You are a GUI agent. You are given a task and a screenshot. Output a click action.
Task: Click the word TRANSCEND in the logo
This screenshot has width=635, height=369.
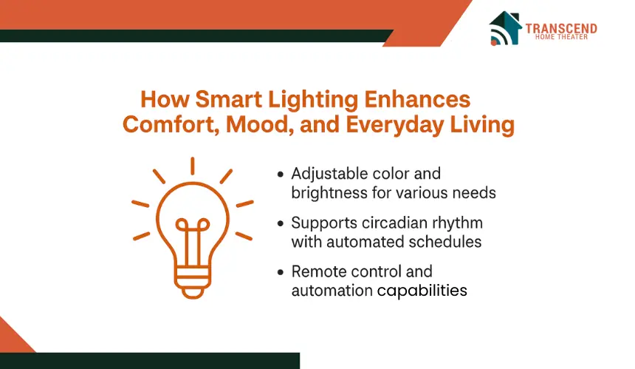(x=561, y=29)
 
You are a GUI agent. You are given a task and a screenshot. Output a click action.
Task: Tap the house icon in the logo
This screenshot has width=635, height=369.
(x=505, y=28)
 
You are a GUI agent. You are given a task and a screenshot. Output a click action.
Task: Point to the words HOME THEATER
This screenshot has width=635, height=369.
(x=561, y=37)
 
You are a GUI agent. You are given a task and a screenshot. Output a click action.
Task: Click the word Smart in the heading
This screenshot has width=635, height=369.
(x=228, y=99)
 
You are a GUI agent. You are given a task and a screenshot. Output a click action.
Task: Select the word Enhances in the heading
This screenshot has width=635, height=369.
(x=417, y=99)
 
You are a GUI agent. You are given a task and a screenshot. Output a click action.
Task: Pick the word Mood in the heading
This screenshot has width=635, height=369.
(x=260, y=124)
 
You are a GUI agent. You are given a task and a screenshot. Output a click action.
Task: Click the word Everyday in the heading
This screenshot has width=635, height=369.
(x=395, y=125)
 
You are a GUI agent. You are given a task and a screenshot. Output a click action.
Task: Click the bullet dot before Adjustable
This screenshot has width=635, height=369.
(x=281, y=175)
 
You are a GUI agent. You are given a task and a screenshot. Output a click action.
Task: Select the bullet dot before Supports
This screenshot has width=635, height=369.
(x=281, y=224)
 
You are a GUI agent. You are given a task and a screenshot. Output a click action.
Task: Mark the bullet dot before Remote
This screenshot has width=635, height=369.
(x=281, y=272)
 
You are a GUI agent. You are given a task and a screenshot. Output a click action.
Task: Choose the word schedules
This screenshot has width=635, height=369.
(x=445, y=242)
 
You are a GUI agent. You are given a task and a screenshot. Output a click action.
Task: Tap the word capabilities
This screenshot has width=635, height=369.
(x=422, y=291)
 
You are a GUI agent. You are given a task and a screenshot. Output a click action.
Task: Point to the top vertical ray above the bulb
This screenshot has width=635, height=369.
(x=193, y=166)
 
